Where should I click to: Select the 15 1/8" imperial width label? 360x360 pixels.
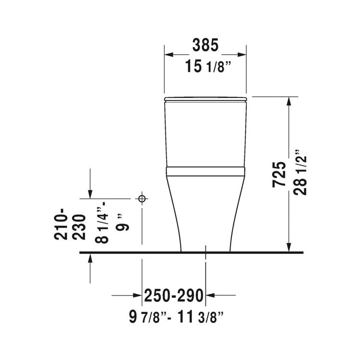[x=205, y=67]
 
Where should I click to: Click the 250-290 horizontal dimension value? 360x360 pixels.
[x=174, y=295]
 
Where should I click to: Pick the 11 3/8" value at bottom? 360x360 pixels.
[x=199, y=317]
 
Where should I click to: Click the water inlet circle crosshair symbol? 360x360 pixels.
[x=142, y=198]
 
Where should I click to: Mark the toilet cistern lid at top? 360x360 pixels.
[x=205, y=99]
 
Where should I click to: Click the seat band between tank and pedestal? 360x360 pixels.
[x=205, y=171]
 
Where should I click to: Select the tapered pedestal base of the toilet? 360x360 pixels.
[x=205, y=216]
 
